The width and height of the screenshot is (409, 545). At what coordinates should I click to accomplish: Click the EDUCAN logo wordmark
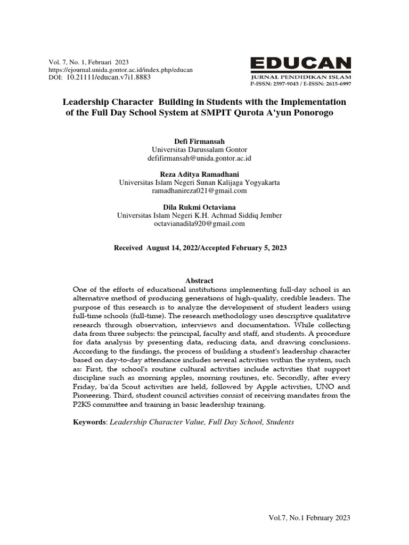coord(301,64)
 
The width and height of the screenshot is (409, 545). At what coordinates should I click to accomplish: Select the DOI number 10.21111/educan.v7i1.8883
coord(108,77)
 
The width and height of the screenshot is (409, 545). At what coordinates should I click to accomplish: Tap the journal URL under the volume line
coord(121,70)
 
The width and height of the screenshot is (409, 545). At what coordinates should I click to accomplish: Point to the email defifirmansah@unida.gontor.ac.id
coord(199,159)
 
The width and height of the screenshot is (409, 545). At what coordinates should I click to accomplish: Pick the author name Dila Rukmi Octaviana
coord(199,207)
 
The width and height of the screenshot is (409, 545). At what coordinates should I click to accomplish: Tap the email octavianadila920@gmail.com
coord(199,224)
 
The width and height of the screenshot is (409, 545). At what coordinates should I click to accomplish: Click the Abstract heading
coord(199,280)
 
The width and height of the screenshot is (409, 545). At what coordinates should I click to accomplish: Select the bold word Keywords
coord(89,422)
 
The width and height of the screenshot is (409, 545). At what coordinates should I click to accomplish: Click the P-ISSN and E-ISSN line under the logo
coord(301,84)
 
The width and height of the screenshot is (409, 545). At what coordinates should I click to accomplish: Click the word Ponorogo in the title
coord(315,113)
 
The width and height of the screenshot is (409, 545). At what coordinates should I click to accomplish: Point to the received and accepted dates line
coord(201,248)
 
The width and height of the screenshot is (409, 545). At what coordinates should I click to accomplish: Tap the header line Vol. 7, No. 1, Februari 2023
coord(89,62)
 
